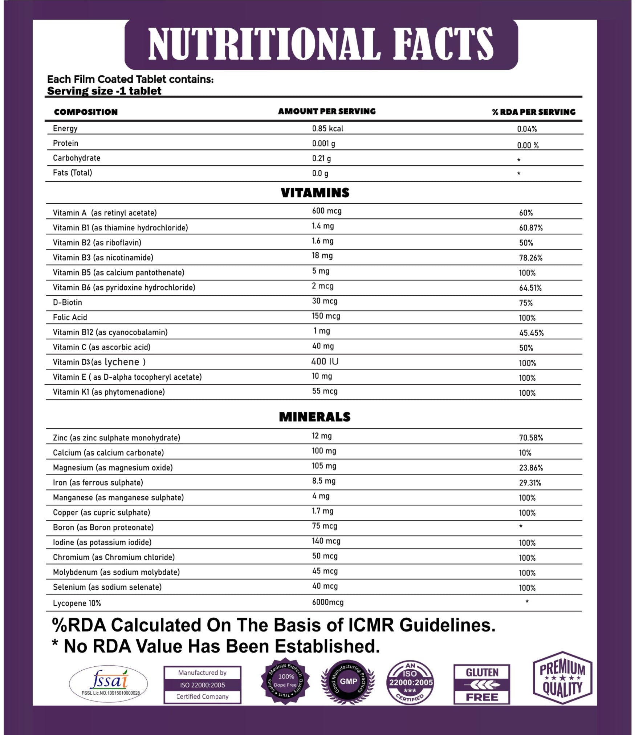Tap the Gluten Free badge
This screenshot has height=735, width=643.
point(481,684)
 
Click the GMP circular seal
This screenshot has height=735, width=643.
point(348,682)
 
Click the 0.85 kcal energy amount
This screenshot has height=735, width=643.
point(327,129)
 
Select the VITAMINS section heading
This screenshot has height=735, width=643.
point(315,193)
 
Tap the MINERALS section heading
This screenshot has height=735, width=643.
point(314,417)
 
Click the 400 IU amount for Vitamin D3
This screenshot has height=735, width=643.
point(325,362)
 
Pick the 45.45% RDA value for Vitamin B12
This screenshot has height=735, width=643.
point(531,333)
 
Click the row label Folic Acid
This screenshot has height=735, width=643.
point(70,317)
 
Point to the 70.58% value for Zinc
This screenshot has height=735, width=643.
point(531,438)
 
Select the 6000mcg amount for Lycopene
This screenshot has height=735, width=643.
point(327,602)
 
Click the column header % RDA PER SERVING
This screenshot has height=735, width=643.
point(533,112)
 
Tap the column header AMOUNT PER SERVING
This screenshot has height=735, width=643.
point(327,111)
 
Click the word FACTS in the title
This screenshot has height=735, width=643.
point(443,44)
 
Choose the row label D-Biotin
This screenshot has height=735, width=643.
point(68,302)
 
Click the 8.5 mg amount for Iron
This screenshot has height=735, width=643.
point(323,481)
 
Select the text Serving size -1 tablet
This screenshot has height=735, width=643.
point(104,91)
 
